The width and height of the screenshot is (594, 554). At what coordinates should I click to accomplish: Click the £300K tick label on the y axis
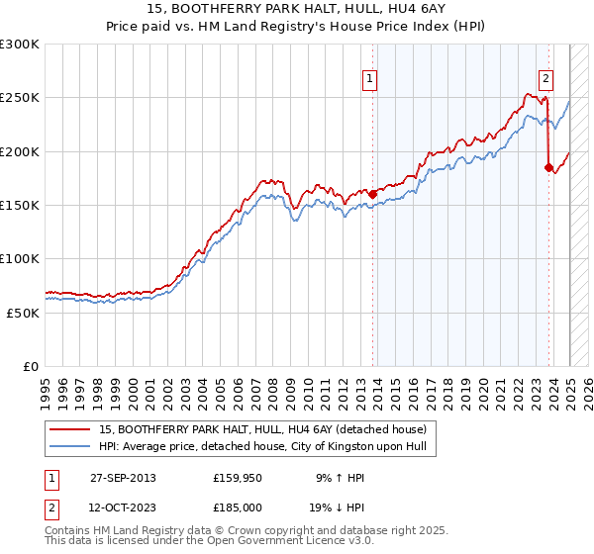[20, 45]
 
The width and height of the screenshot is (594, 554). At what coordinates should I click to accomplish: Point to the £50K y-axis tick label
[23, 312]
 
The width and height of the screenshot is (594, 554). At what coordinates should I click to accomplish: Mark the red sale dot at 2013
[373, 194]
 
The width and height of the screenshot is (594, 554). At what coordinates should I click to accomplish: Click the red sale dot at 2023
[549, 167]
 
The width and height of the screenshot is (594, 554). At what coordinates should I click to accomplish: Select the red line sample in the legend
[69, 429]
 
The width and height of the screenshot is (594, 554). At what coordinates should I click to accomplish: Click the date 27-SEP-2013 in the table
[123, 478]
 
